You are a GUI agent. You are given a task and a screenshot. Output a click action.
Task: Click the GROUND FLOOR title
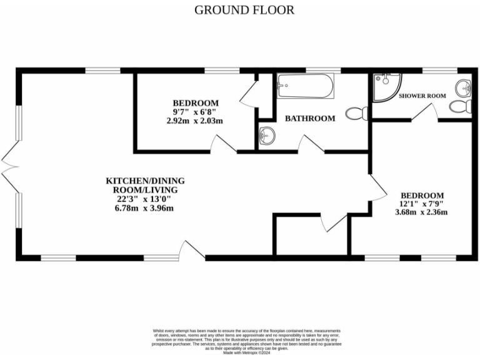pyautogui.click(x=244, y=10)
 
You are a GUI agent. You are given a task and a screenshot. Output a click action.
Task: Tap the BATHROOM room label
pyautogui.click(x=310, y=118)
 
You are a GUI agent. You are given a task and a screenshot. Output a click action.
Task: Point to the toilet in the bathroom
pyautogui.click(x=356, y=114)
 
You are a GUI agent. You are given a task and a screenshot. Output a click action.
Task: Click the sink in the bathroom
pyautogui.click(x=267, y=134)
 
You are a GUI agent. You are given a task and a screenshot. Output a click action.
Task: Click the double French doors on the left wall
pyautogui.click(x=9, y=163)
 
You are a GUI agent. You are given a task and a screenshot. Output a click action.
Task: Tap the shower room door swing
pyautogui.click(x=427, y=112)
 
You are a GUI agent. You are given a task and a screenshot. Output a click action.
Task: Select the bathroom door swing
pyautogui.click(x=310, y=144)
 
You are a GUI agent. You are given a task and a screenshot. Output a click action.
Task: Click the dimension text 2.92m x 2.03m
pyautogui.click(x=195, y=121)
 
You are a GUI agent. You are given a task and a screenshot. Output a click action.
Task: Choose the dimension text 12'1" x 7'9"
pyautogui.click(x=422, y=204)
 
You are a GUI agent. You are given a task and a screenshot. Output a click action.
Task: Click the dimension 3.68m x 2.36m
pyautogui.click(x=422, y=212)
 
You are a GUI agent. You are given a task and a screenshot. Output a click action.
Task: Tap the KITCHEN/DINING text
pyautogui.click(x=145, y=181)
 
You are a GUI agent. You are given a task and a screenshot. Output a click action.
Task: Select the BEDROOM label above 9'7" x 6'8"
pyautogui.click(x=196, y=103)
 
